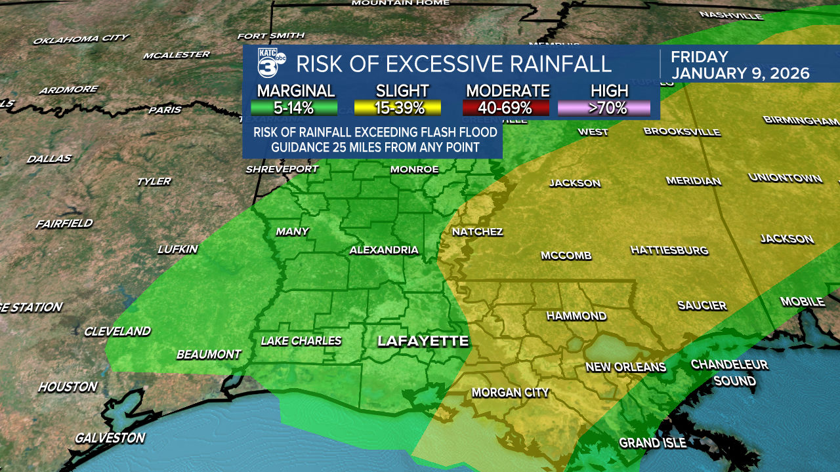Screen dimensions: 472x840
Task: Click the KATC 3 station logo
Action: pos(271,64)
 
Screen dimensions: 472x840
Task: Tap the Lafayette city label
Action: pos(423,341)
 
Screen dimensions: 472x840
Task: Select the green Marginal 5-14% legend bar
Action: pos(294,108)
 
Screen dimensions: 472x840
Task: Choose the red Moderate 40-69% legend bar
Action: pos(507,108)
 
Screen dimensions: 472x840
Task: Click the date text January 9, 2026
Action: pos(740,73)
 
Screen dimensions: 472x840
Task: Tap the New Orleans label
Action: pos(625,367)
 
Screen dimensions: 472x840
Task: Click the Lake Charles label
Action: pos(301,341)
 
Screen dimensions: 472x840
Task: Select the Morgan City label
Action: pos(510,393)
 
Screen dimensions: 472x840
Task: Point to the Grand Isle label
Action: pos(652,443)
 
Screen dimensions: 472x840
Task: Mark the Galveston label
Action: pos(110,438)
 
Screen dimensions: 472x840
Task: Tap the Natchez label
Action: pos(478,232)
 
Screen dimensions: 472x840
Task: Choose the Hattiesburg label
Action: pos(669,250)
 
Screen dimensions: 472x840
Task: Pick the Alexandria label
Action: pos(384,250)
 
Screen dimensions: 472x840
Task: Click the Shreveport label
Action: pos(282,169)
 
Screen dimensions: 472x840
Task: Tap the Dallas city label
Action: pos(49,159)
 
